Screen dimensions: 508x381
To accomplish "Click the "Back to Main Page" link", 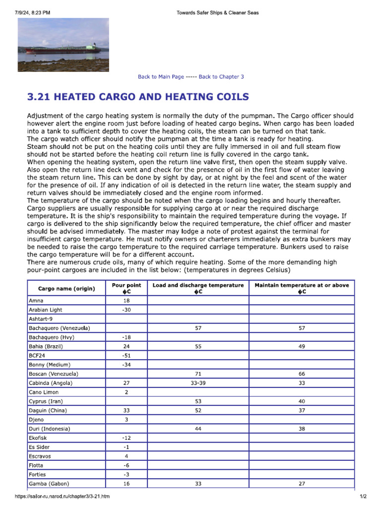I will click(x=161, y=77).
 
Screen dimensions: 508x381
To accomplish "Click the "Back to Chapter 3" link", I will click(x=221, y=77).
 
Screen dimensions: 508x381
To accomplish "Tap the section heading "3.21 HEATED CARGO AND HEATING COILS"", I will click(x=137, y=96).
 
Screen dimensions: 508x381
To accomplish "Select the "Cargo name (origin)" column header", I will click(x=66, y=288).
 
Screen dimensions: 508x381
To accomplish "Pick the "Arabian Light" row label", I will click(x=46, y=310).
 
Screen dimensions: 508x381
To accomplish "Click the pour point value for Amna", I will click(x=127, y=301).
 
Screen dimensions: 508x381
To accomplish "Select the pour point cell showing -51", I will click(x=127, y=356).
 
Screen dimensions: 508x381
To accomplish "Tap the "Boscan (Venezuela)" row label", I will click(x=54, y=374).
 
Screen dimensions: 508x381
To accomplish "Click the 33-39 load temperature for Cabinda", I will click(x=198, y=383).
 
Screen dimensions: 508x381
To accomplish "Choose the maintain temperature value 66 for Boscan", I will click(x=302, y=374).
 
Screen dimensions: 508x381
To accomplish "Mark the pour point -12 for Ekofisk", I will click(x=127, y=438).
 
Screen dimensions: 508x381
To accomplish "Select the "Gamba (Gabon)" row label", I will click(x=49, y=484).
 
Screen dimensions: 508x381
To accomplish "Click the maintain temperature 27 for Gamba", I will click(x=302, y=484).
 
